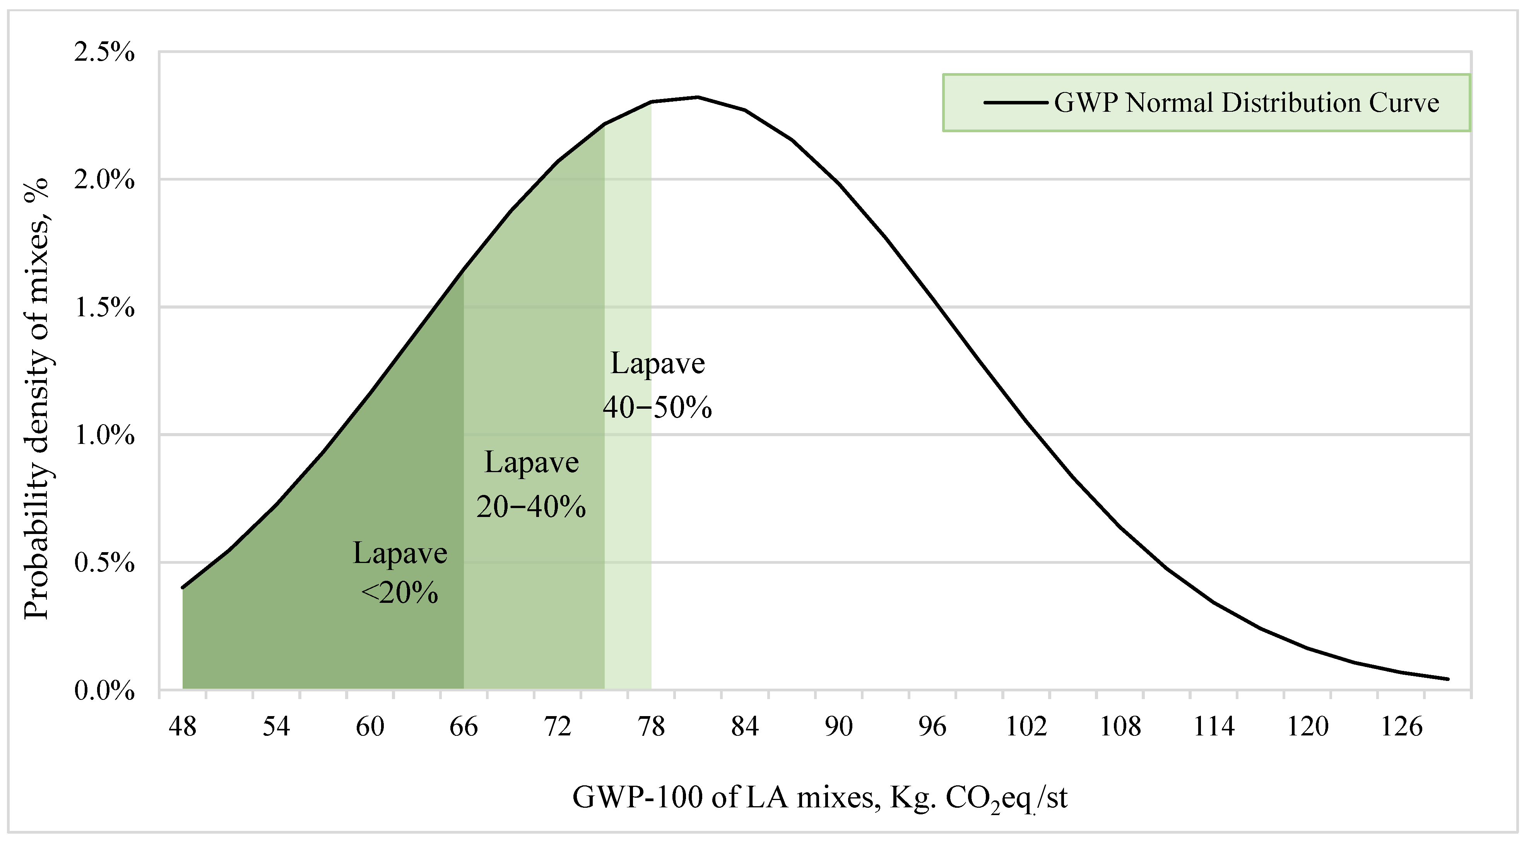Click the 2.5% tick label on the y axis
(104, 53)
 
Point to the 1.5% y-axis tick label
(104, 307)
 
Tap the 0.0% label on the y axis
(104, 691)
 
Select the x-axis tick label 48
(182, 726)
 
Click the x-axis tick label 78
(652, 726)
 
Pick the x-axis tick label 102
(1026, 726)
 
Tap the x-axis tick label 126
(1401, 726)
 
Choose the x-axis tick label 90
(839, 726)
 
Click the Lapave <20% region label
(400, 573)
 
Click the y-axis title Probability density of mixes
(37, 399)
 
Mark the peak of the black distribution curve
(698, 97)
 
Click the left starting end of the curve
(183, 587)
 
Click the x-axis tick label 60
(370, 726)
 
